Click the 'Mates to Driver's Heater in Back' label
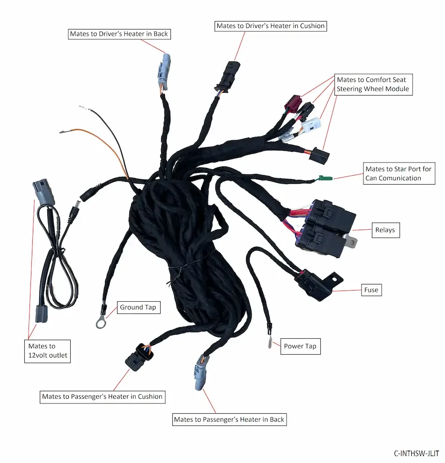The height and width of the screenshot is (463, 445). tap(119, 34)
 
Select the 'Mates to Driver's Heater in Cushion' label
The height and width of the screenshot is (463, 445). tap(271, 26)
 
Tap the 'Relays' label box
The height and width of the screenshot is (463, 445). tap(386, 230)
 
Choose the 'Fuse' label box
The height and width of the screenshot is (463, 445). tap(371, 290)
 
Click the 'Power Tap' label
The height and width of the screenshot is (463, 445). tap(300, 346)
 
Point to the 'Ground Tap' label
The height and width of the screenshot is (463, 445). tap(139, 307)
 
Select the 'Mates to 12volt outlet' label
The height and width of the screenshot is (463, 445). tap(47, 351)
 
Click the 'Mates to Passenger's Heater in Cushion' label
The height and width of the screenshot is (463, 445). tap(103, 396)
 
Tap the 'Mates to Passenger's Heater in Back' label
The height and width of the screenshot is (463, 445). tap(229, 419)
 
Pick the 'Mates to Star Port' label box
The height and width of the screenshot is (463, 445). tap(399, 173)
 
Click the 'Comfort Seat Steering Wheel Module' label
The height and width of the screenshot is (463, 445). tap(373, 84)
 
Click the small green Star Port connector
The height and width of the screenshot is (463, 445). tap(326, 178)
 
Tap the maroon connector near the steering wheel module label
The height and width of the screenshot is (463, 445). tap(293, 104)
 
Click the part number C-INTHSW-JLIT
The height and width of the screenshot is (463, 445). tap(416, 453)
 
